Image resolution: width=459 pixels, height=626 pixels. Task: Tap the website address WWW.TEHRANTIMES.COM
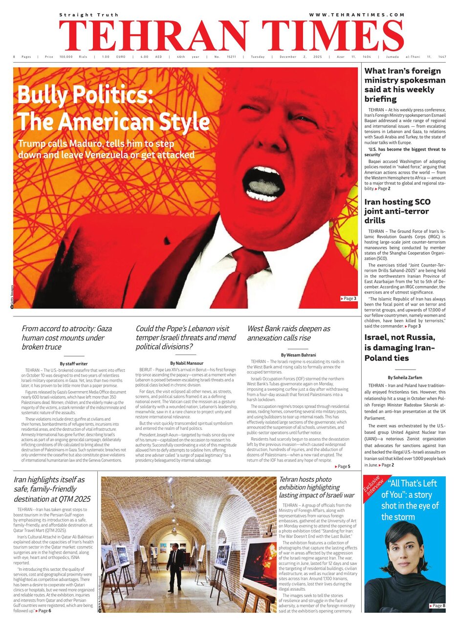pyautogui.click(x=357, y=15)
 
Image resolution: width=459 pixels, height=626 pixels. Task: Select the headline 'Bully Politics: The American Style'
pyautogui.click(x=113, y=107)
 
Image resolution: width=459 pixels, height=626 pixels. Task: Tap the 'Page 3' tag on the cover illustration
pyautogui.click(x=349, y=298)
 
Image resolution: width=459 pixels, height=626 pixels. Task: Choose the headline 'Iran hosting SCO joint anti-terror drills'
pyautogui.click(x=397, y=211)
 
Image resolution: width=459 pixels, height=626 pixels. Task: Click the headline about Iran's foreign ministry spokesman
pyautogui.click(x=405, y=85)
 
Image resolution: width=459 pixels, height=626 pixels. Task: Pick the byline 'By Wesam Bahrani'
pyautogui.click(x=298, y=355)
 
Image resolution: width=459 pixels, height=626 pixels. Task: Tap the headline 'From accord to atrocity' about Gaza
pyautogui.click(x=66, y=337)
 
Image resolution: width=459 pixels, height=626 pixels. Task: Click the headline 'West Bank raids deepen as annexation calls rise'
pyautogui.click(x=288, y=333)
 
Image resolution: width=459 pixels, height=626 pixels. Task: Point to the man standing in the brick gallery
pyautogui.click(x=175, y=567)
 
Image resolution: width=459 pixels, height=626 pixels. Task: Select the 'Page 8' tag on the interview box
pyautogui.click(x=437, y=606)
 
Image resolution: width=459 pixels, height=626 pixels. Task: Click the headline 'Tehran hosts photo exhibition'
pyautogui.click(x=316, y=487)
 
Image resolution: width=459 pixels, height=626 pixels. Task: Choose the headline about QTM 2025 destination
pyautogui.click(x=52, y=489)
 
